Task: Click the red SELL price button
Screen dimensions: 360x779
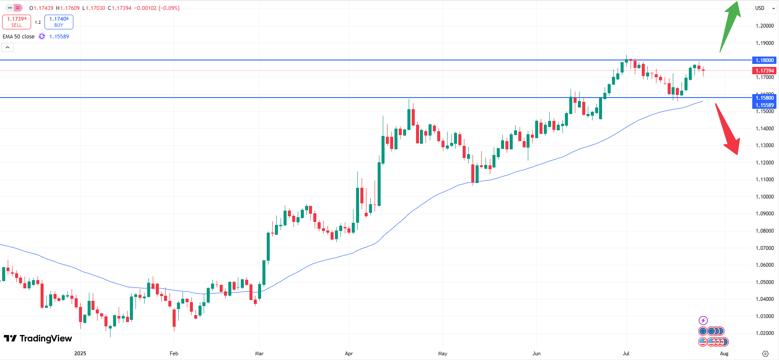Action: click(16, 22)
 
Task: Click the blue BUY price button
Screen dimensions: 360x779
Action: click(59, 22)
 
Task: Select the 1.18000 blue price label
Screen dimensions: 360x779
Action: click(764, 60)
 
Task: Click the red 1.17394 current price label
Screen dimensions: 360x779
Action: click(764, 70)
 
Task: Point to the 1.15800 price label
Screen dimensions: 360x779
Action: click(764, 98)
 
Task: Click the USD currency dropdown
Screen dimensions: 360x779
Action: click(764, 8)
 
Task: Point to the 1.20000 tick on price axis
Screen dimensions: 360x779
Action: click(764, 26)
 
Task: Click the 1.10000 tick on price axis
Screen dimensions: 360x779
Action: click(764, 197)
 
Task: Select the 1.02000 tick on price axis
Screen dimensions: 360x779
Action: click(764, 333)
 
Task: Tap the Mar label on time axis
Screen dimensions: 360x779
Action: click(259, 354)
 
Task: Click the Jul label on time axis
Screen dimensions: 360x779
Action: click(626, 354)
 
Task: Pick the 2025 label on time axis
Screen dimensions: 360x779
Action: click(80, 354)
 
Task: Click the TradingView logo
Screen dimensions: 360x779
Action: click(38, 338)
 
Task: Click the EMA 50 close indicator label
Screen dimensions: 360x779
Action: click(19, 37)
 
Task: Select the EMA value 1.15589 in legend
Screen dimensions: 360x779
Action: click(59, 37)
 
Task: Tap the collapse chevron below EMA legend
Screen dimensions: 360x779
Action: click(8, 47)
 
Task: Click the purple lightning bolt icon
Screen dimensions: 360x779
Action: click(703, 320)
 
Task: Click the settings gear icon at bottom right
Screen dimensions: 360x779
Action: click(765, 354)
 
